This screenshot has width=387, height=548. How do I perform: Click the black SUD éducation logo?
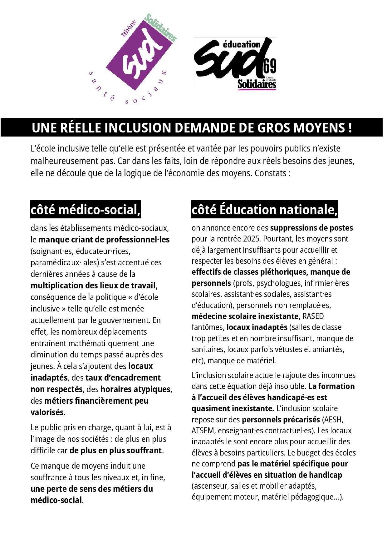click(x=235, y=64)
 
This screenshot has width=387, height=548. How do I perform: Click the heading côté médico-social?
click(x=85, y=210)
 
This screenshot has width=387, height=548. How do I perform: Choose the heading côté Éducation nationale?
click(x=264, y=210)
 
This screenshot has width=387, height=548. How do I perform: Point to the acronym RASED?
click(x=313, y=316)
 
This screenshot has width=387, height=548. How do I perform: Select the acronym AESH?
click(x=333, y=419)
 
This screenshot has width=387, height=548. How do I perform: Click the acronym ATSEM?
click(x=203, y=431)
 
